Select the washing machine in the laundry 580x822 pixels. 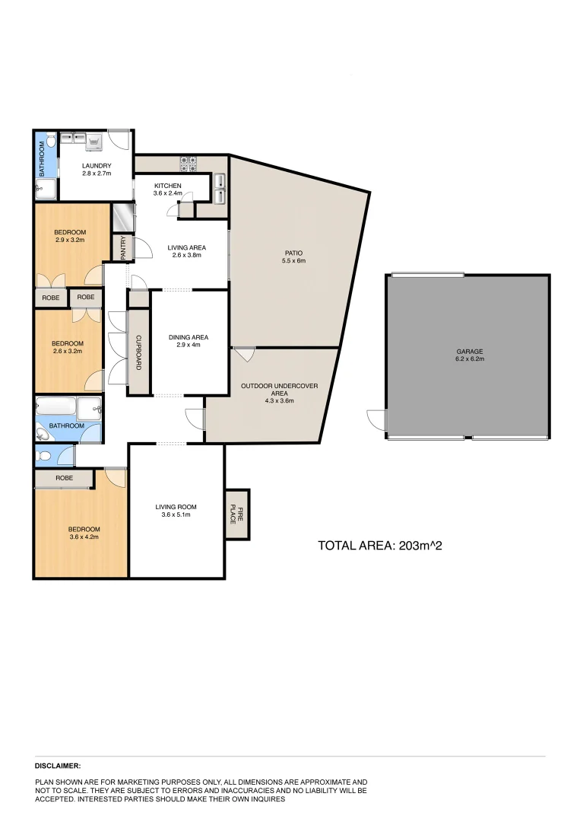(x=94, y=140)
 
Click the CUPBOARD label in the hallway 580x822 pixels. (x=139, y=352)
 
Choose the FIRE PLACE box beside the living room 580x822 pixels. (x=238, y=515)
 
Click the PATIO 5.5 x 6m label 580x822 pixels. (x=294, y=256)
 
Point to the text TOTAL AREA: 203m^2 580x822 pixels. (x=380, y=545)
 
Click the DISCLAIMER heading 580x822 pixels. (x=58, y=766)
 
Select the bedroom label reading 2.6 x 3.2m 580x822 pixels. (x=68, y=347)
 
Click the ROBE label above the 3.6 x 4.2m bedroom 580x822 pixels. (x=64, y=479)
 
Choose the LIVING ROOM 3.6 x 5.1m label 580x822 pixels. (x=176, y=511)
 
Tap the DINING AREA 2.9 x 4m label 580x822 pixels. (x=188, y=341)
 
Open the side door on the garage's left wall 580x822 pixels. (x=377, y=419)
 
